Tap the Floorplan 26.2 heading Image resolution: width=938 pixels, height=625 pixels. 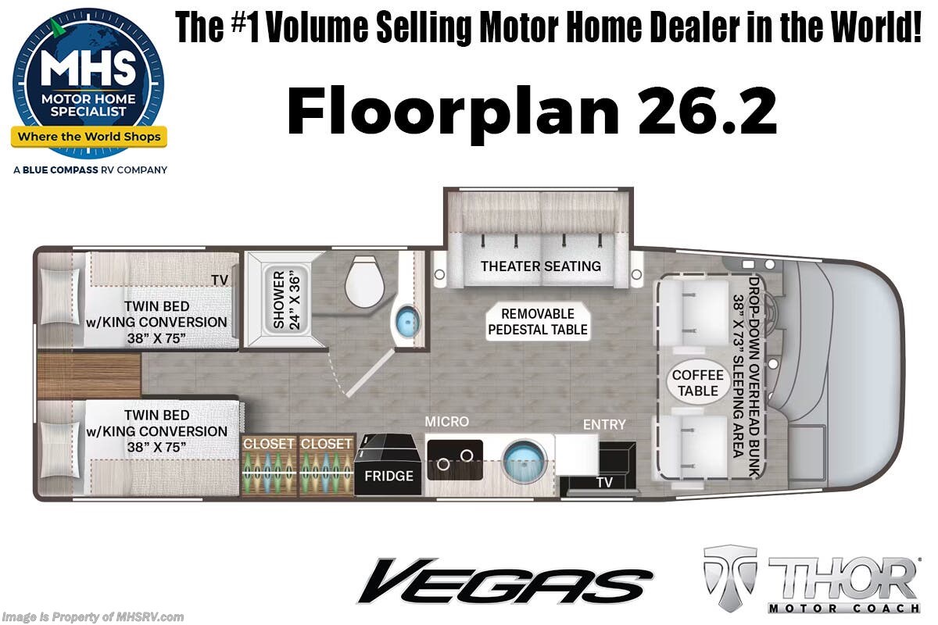(532, 112)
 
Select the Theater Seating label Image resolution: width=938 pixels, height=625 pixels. (540, 266)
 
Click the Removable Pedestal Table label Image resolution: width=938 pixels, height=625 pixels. (537, 322)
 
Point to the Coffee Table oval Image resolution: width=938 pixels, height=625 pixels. (697, 383)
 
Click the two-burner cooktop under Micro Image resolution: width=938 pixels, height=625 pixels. (454, 459)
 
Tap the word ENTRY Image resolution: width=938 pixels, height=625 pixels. (604, 424)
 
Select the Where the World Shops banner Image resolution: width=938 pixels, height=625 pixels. (88, 137)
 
